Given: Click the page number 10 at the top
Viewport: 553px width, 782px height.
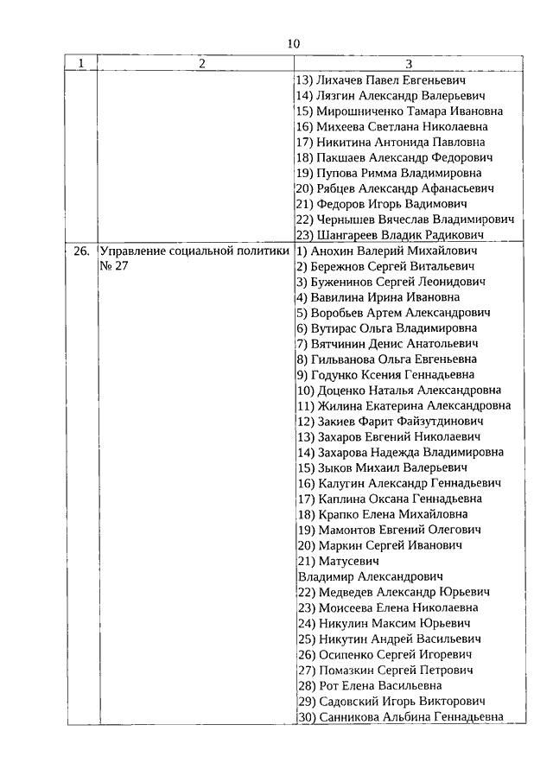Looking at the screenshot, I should coord(293,43).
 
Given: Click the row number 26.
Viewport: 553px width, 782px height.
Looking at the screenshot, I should coord(81,251).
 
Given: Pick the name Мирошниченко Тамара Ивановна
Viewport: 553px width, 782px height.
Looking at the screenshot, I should coord(399,111).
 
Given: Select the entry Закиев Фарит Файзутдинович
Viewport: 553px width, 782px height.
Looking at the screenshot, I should coord(390,421).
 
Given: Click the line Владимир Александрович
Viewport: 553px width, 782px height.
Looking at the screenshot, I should coord(370,575).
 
